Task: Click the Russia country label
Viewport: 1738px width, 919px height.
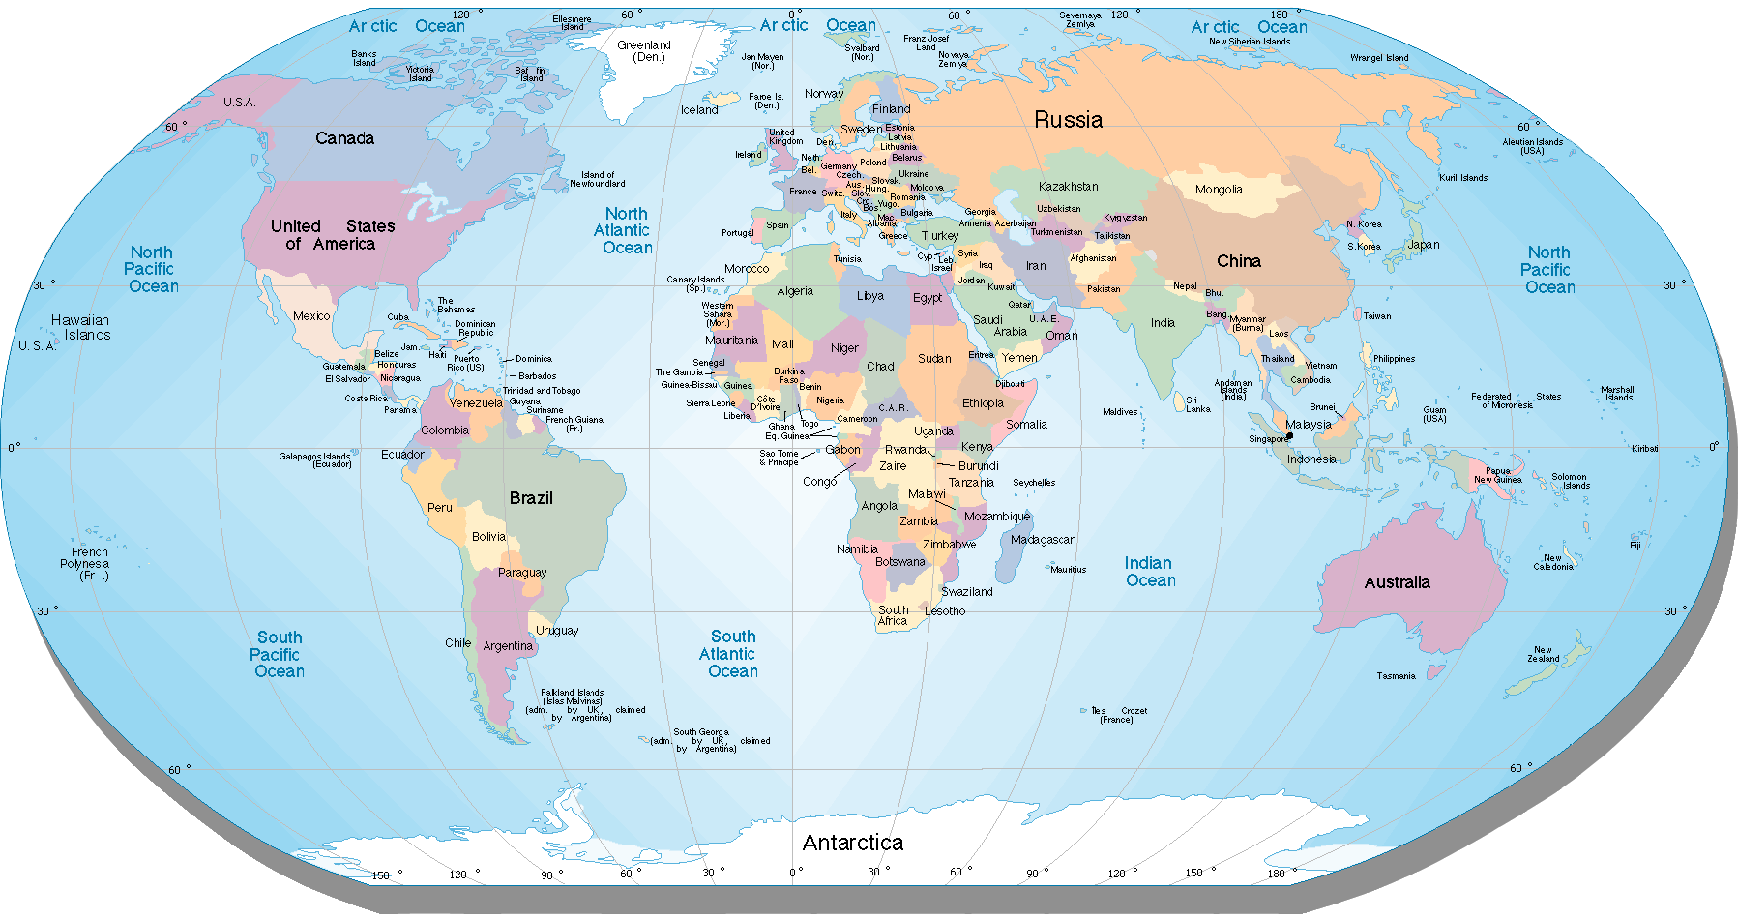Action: [1068, 120]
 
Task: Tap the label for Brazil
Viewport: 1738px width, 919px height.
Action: [531, 498]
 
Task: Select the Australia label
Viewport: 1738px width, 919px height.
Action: [1397, 582]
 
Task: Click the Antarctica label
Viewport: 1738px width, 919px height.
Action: [852, 843]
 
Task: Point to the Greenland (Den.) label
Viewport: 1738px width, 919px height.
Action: [644, 51]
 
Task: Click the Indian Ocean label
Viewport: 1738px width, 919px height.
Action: [1150, 572]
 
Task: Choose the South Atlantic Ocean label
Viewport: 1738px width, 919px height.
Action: [731, 654]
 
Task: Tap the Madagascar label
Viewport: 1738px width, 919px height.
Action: [1042, 540]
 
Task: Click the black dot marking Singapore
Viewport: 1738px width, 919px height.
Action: [1289, 436]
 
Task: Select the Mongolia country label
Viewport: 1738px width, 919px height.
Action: [1219, 190]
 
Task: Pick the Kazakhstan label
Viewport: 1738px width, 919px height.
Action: [1068, 187]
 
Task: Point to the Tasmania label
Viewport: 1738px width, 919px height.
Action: [1396, 676]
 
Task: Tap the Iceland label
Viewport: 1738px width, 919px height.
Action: [698, 110]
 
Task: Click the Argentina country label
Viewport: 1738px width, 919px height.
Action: [507, 646]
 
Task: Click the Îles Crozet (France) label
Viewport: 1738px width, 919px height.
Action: [1118, 715]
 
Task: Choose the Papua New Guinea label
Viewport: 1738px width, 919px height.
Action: [1497, 476]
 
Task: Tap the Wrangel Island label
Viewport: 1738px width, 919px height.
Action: [1379, 58]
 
